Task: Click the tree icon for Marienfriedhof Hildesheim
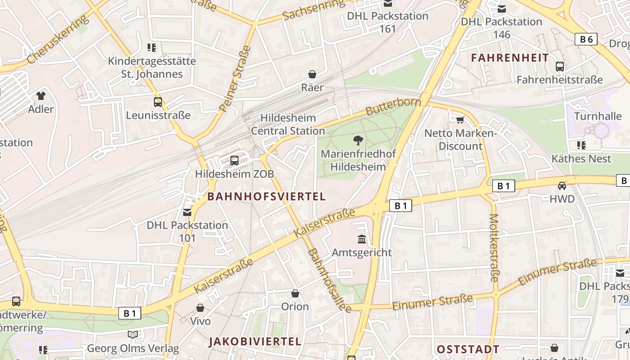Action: click(358, 140)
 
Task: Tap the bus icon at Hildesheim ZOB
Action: click(234, 160)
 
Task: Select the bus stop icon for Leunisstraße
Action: click(157, 102)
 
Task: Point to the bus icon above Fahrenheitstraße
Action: click(560, 67)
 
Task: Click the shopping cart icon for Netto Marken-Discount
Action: click(460, 120)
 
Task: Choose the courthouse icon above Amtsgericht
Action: click(362, 239)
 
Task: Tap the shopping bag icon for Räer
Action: click(312, 74)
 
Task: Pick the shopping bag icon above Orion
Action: click(295, 293)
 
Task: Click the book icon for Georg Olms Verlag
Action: click(132, 334)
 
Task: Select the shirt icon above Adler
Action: click(41, 95)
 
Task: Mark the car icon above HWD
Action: click(562, 185)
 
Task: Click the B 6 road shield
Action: click(586, 39)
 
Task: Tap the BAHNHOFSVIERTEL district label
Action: click(266, 197)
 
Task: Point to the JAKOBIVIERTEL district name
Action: click(255, 341)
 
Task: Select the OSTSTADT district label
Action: click(468, 349)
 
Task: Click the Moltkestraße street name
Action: click(494, 247)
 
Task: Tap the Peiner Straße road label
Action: click(235, 79)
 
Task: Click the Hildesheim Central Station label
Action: click(288, 125)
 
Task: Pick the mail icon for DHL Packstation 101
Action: click(187, 211)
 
